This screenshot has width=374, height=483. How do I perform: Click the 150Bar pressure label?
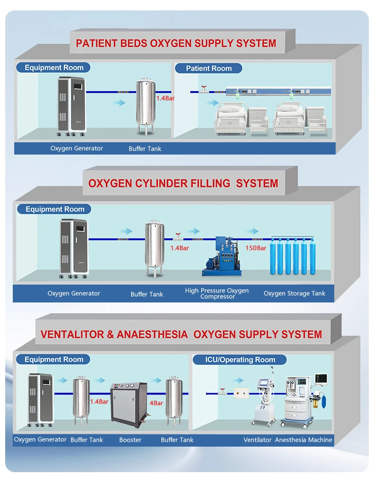pyautogui.click(x=256, y=248)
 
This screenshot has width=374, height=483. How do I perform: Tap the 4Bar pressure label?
pyautogui.click(x=156, y=403)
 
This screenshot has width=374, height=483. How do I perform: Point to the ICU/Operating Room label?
pyautogui.click(x=240, y=360)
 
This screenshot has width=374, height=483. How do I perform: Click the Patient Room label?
pyautogui.click(x=209, y=68)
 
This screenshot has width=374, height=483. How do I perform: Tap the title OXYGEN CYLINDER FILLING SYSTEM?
pyautogui.click(x=183, y=183)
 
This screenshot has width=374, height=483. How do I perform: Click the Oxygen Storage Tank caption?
pyautogui.click(x=294, y=293)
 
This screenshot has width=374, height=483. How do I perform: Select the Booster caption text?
pyautogui.click(x=130, y=440)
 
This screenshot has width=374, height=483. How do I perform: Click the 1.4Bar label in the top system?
pyautogui.click(x=165, y=99)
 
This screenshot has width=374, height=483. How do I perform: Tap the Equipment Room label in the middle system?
pyautogui.click(x=55, y=209)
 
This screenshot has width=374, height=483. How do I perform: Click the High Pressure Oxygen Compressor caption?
pyautogui.click(x=217, y=293)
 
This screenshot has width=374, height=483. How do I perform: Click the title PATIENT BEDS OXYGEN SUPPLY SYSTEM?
pyautogui.click(x=176, y=43)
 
